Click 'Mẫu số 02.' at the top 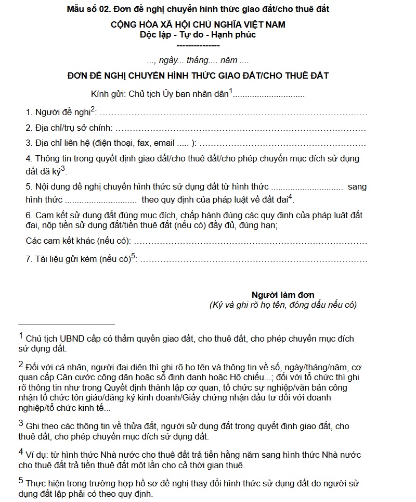87,9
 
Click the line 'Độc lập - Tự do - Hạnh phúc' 198,35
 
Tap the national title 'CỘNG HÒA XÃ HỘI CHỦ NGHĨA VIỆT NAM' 198,24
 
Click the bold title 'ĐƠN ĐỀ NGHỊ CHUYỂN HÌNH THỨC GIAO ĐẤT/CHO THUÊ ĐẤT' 198,76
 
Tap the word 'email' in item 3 164,143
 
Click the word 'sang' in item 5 357,186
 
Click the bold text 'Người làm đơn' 283,295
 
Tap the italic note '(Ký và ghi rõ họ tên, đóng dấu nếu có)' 283,305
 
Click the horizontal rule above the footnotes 66,324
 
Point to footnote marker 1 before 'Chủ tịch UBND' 21,336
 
